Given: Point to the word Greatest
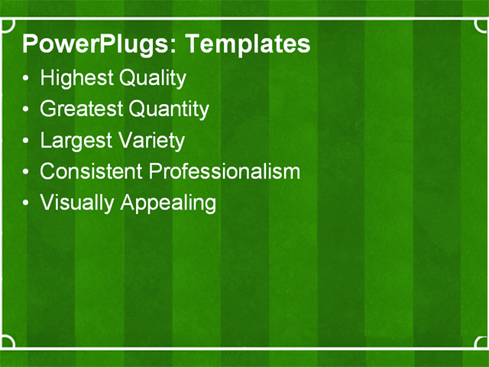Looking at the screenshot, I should pos(81,109).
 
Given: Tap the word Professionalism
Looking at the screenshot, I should pos(225,171).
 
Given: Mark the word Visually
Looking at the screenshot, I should pos(76,203).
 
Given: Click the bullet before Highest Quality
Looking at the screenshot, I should pos(28,79).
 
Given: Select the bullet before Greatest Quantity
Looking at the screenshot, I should pos(28,110).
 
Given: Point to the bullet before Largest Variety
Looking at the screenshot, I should pos(28,141).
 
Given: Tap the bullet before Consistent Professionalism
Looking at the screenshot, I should pos(28,172).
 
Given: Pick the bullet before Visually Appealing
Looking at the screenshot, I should pos(28,203).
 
